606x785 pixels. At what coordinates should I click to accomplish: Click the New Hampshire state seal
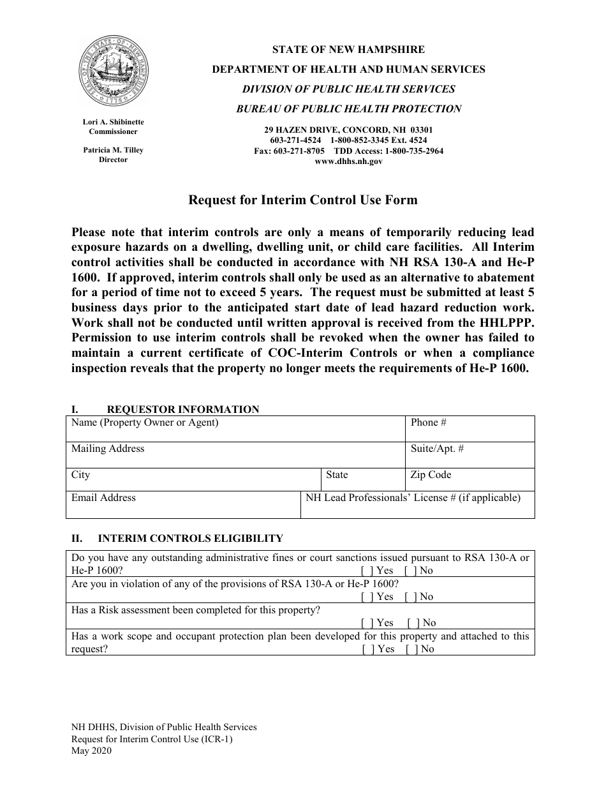coord(114,72)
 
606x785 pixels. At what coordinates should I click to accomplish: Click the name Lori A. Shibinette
coord(114,121)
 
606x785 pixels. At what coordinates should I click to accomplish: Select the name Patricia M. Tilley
coord(114,150)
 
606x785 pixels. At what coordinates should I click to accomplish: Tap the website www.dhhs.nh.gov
coord(348,162)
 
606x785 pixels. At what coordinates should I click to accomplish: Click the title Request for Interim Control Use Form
coord(302,200)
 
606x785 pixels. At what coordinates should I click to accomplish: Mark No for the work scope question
coord(410,649)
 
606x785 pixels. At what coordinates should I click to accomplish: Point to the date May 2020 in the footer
coord(91,751)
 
